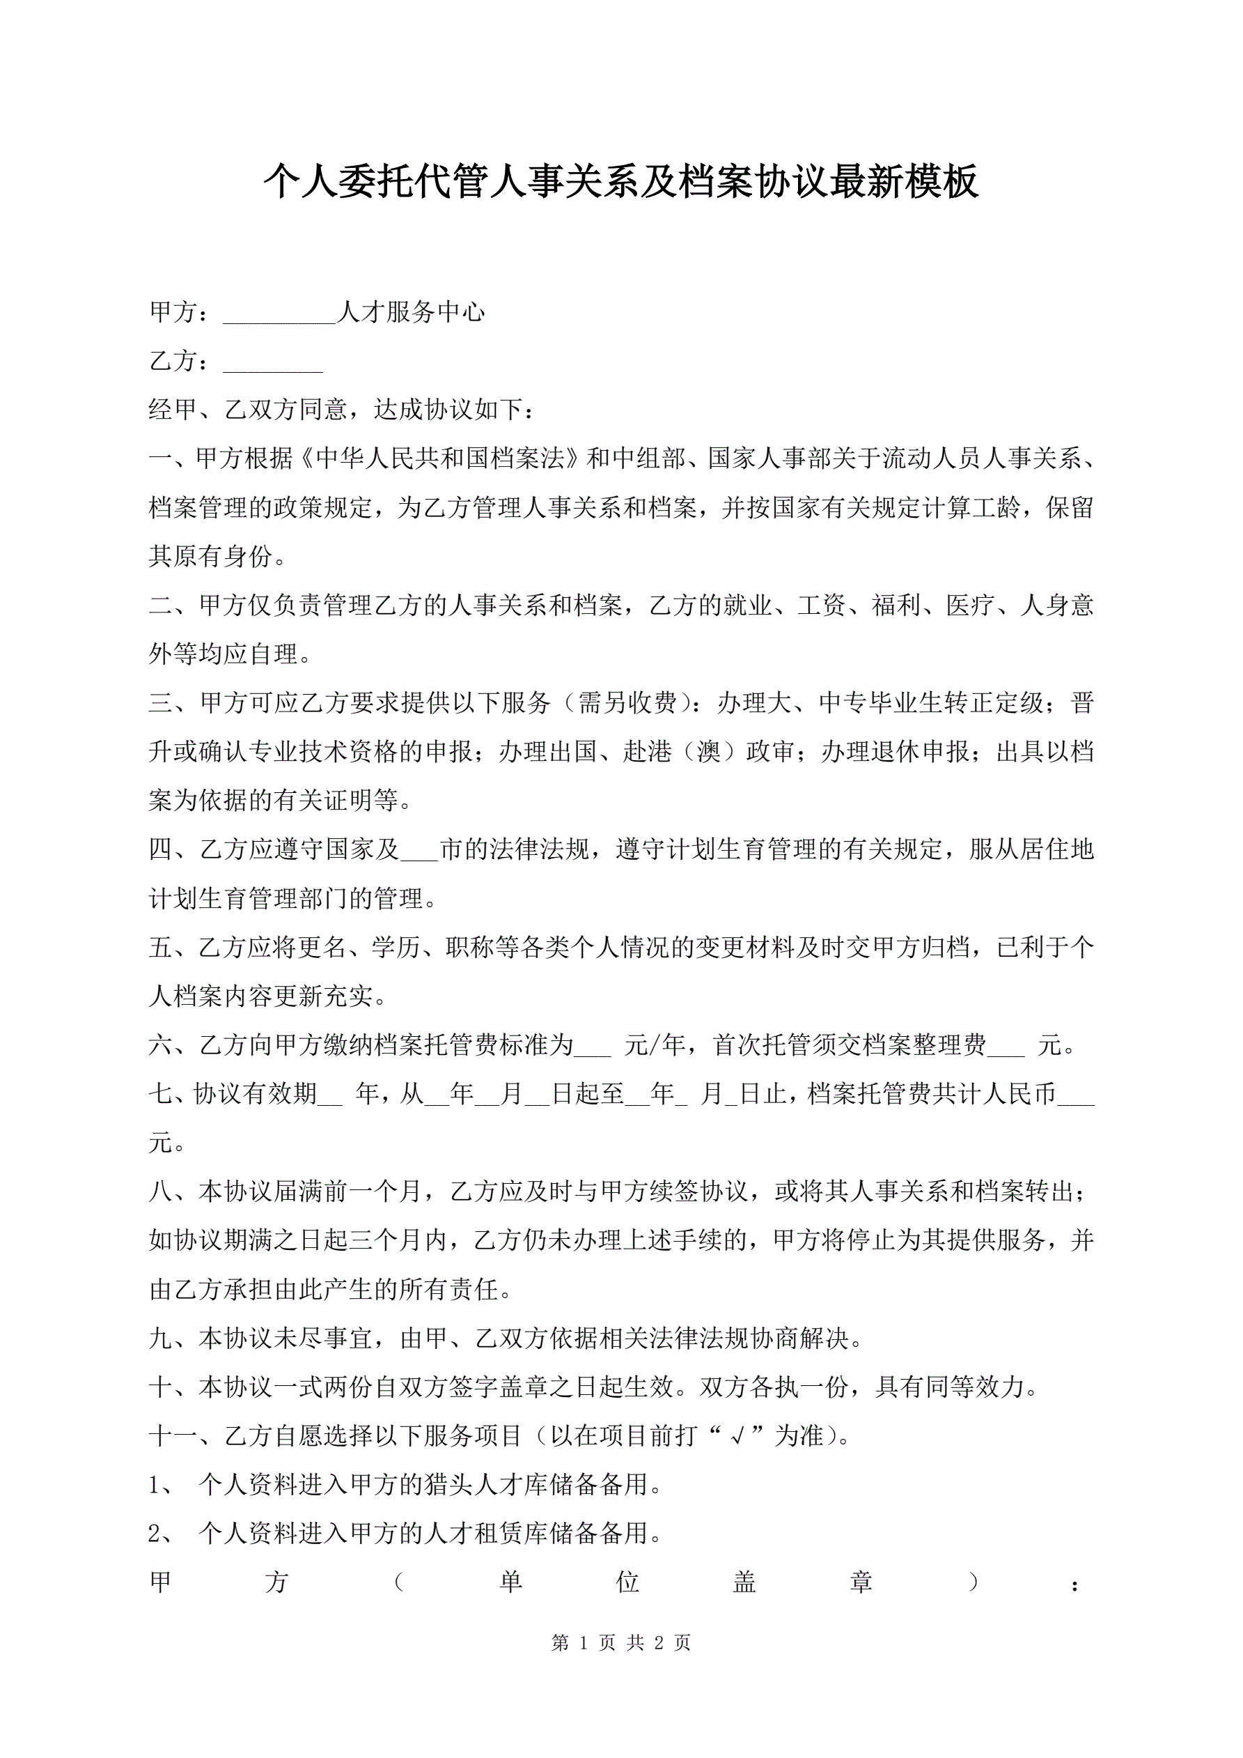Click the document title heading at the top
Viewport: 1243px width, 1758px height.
[x=620, y=183]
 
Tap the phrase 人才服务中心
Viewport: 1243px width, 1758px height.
[x=411, y=312]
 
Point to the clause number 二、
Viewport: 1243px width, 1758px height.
[x=173, y=606]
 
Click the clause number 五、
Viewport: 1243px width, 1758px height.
[x=173, y=948]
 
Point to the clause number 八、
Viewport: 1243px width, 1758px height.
[x=173, y=1192]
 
